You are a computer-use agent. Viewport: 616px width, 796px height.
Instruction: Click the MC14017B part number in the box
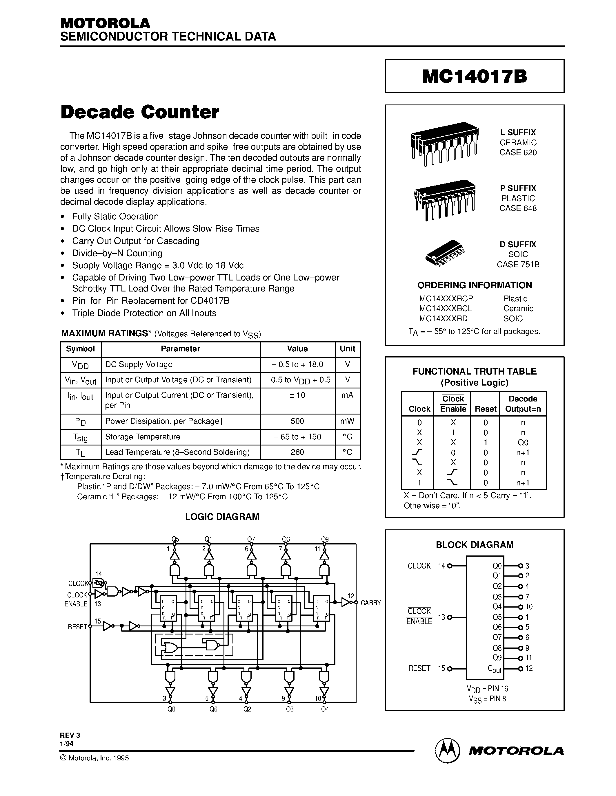pyautogui.click(x=475, y=76)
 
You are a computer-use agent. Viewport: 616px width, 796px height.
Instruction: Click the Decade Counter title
pyautogui.click(x=140, y=112)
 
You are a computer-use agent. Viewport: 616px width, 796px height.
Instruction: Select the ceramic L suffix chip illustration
pyautogui.click(x=444, y=143)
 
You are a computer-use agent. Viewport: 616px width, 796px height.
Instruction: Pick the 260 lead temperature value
pyautogui.click(x=297, y=452)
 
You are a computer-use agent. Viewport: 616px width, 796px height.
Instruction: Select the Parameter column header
pyautogui.click(x=180, y=349)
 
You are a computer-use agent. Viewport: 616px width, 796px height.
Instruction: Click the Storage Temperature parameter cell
pyautogui.click(x=143, y=436)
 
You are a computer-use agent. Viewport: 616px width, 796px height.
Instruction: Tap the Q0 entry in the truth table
pyautogui.click(x=523, y=443)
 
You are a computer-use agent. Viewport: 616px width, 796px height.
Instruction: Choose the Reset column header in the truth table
pyautogui.click(x=485, y=409)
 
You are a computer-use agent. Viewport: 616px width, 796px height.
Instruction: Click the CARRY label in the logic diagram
pyautogui.click(x=370, y=603)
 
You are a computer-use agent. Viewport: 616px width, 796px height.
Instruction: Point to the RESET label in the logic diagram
pyautogui.click(x=77, y=627)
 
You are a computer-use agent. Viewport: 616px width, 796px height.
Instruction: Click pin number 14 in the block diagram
pyautogui.click(x=441, y=566)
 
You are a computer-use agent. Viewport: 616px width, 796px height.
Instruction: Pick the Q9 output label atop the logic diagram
pyautogui.click(x=325, y=539)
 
